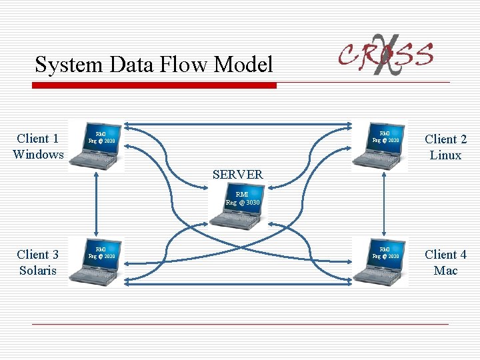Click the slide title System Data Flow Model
[x=154, y=65]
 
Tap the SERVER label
[x=237, y=175]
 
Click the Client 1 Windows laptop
[x=97, y=146]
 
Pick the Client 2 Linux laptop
[x=379, y=146]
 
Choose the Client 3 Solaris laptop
[x=97, y=262]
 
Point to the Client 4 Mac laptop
[x=379, y=262]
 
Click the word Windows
[x=38, y=155]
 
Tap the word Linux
[x=445, y=155]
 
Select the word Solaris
[x=38, y=271]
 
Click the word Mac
[x=445, y=271]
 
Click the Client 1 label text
[x=38, y=139]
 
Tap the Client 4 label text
[x=445, y=255]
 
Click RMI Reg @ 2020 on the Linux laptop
[x=385, y=137]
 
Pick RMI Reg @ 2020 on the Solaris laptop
[x=101, y=253]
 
